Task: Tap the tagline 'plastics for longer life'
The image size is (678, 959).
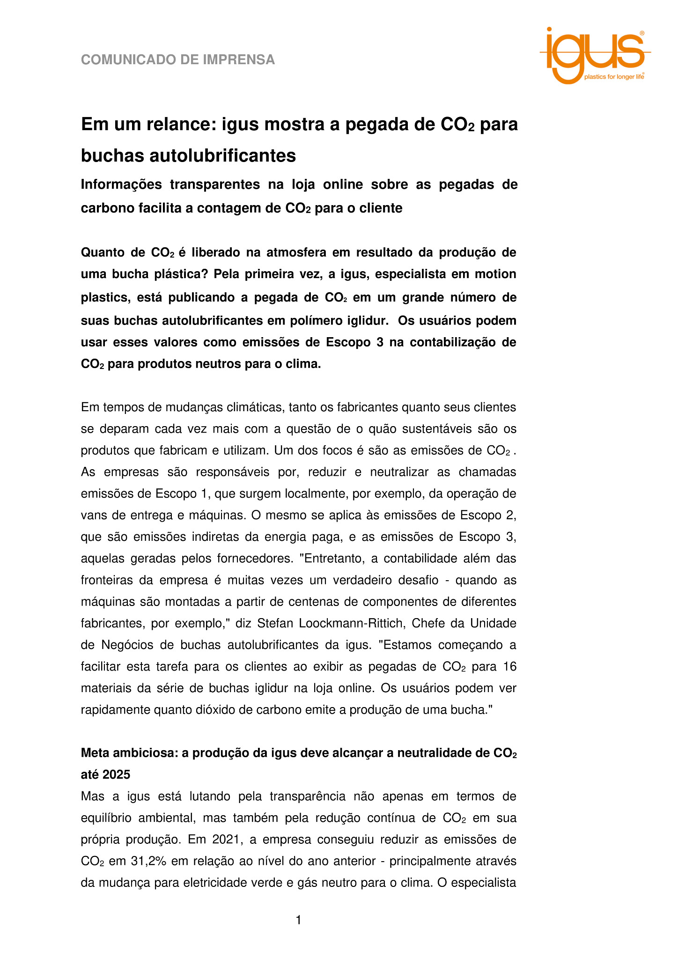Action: point(614,77)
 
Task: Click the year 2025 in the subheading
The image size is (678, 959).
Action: point(116,775)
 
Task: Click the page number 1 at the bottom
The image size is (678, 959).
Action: point(299,921)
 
